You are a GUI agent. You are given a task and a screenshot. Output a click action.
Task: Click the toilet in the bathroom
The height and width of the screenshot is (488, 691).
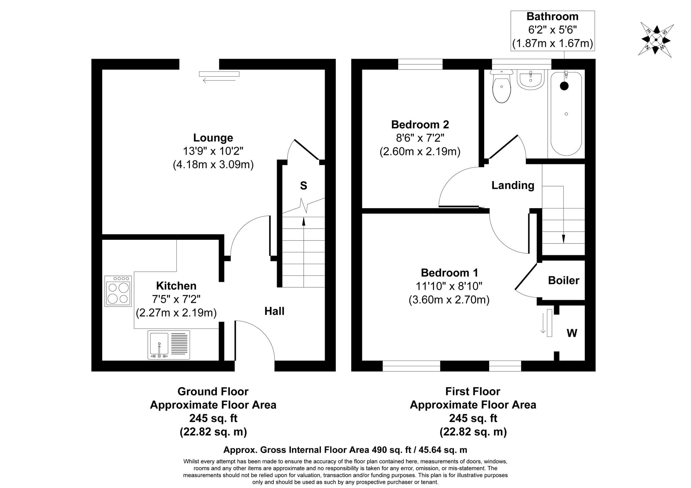[x=502, y=86]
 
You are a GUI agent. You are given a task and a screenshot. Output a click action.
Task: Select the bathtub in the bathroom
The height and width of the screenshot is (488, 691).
[x=566, y=113]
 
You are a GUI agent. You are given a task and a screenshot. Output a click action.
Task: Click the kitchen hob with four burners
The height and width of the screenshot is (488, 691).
[x=118, y=291]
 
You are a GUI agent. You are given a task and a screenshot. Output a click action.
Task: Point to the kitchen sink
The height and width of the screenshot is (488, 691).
[x=169, y=345]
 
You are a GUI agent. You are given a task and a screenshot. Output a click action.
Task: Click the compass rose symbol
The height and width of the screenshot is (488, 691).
[x=656, y=40]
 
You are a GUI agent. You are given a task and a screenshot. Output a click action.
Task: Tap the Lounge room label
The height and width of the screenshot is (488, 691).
[x=213, y=138]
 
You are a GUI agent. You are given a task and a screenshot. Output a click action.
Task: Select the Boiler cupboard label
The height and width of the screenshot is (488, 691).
[x=563, y=280]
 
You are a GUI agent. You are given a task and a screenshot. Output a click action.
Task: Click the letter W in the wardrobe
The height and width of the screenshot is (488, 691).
[x=572, y=333]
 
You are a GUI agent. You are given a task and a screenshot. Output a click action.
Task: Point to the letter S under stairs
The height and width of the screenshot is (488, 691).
[x=304, y=185]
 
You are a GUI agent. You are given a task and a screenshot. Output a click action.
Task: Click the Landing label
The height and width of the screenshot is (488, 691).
[x=513, y=185]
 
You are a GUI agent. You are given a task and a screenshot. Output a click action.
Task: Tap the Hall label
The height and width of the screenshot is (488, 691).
[x=274, y=311]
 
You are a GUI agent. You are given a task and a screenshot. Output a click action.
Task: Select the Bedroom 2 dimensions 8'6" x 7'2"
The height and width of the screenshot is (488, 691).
[x=420, y=138]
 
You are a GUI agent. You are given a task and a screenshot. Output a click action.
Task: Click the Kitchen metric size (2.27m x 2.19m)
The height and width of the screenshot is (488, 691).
[x=176, y=313]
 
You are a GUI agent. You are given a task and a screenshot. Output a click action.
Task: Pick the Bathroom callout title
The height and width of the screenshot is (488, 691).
[x=552, y=16]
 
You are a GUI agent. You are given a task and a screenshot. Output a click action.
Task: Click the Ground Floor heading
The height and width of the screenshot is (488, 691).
[x=213, y=391]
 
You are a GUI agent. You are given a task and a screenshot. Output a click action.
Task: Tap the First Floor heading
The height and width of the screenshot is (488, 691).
[x=473, y=391]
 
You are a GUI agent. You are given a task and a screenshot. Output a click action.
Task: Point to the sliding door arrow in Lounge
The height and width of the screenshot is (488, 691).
[x=219, y=81]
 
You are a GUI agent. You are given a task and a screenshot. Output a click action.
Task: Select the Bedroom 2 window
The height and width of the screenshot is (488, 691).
[x=420, y=64]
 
